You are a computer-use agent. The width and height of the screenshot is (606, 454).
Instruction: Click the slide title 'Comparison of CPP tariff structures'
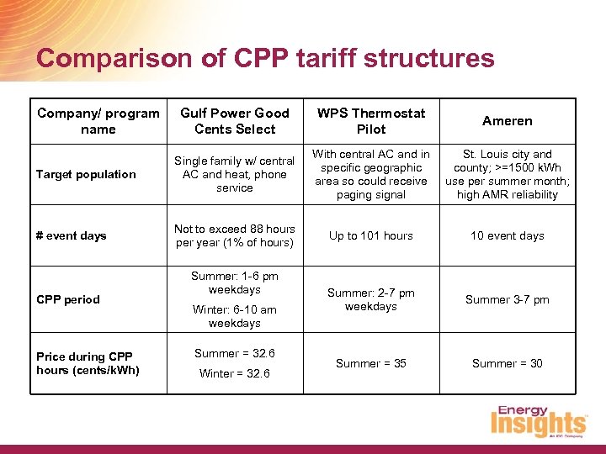[265, 58]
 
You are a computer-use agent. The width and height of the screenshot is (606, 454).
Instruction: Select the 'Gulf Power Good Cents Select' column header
[235, 121]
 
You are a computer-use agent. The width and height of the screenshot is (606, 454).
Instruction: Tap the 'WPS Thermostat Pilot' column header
[371, 121]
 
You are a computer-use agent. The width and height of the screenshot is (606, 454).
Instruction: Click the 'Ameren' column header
[508, 121]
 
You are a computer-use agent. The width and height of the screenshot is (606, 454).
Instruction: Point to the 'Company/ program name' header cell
[98, 121]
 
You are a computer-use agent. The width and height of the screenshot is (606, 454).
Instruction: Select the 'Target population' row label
[86, 175]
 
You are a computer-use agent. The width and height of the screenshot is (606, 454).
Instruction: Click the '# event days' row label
[72, 236]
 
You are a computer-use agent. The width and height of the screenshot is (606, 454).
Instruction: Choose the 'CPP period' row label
[68, 299]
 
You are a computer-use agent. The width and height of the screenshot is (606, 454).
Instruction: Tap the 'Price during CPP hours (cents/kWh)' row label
[88, 364]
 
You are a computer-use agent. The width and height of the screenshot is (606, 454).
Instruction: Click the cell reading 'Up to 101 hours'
[371, 236]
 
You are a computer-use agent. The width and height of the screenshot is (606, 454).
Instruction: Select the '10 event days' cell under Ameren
[508, 236]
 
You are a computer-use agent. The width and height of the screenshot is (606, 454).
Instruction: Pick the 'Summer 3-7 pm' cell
[508, 300]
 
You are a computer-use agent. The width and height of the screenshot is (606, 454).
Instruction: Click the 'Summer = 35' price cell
[371, 364]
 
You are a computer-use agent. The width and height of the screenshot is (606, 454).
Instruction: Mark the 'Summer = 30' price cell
[508, 364]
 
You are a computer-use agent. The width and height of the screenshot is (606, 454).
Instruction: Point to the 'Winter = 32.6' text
[235, 374]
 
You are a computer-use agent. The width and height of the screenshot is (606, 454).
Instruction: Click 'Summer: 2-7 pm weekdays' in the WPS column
[371, 300]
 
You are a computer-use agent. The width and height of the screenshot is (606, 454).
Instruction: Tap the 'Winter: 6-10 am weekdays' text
[235, 316]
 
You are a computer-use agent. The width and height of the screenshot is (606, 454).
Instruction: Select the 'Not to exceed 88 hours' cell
[235, 236]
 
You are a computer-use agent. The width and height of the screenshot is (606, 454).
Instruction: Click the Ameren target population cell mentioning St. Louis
[508, 175]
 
